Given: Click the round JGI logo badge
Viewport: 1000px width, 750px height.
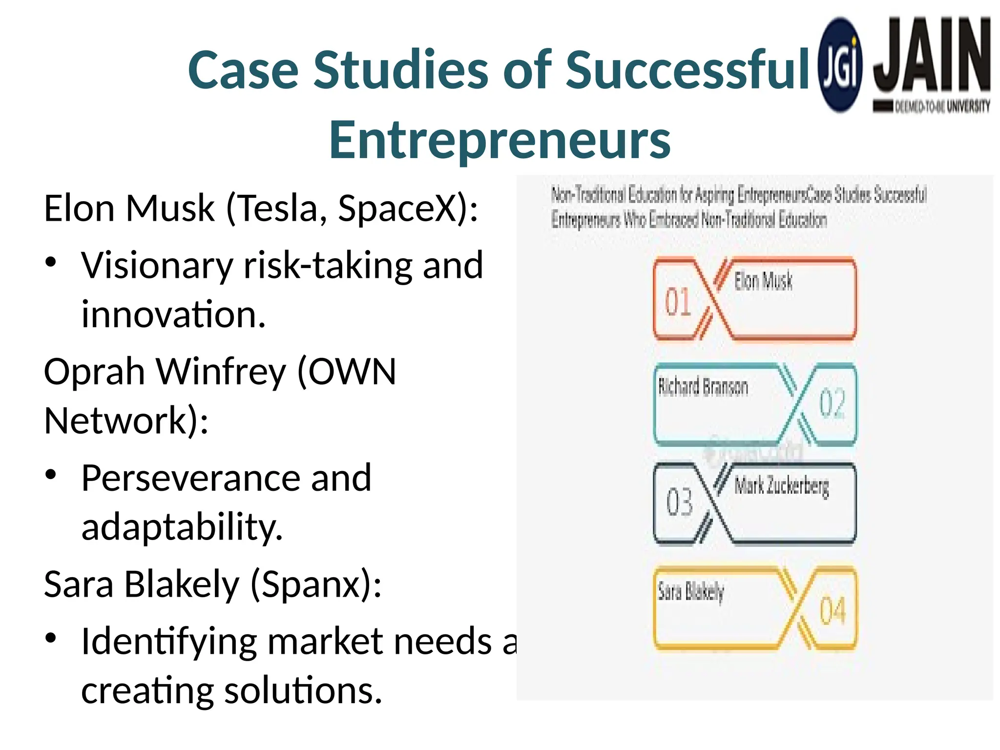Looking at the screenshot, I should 840,65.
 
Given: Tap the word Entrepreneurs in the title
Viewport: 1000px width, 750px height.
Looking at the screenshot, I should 500,140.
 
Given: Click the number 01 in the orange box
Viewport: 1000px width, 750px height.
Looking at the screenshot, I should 678,301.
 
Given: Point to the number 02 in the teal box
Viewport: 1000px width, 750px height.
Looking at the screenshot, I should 832,403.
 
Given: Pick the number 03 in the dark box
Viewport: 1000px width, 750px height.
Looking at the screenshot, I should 679,501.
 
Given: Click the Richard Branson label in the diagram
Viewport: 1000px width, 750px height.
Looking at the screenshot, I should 703,387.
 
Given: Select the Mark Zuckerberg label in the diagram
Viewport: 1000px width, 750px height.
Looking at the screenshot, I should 781,486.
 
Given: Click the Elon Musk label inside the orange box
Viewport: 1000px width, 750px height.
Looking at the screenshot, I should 763,281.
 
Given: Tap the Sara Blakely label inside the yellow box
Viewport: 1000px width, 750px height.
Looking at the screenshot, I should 690,591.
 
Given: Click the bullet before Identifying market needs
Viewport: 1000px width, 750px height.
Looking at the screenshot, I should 51,639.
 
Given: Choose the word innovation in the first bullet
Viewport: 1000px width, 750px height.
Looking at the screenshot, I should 173,314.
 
